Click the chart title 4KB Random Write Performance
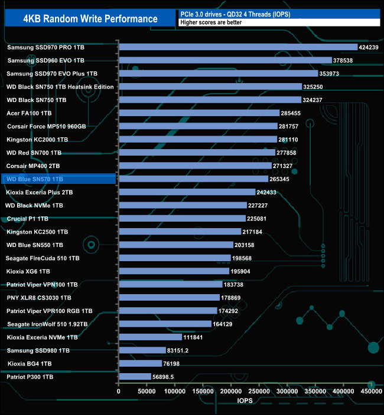pos(90,18)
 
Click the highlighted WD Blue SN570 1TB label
pos(35,179)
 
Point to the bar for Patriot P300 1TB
pos(135,376)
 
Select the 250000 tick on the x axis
pos(259,391)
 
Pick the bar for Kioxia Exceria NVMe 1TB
pos(150,337)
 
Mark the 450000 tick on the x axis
pos(371,391)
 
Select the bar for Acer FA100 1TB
pos(199,113)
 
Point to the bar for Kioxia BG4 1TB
pos(140,363)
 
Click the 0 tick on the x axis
pos(119,391)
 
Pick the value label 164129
pos(225,324)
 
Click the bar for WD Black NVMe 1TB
pos(183,205)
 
